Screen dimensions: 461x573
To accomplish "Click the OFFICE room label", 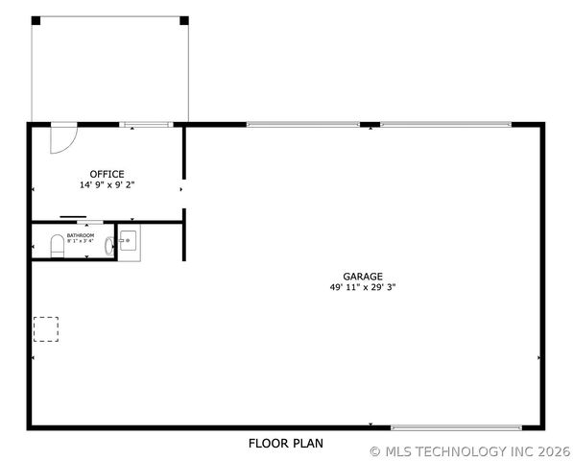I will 107,174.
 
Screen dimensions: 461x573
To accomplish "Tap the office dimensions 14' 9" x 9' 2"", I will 107,184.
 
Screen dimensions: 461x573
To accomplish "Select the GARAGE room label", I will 363,275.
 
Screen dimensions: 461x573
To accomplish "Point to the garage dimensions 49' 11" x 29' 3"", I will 363,286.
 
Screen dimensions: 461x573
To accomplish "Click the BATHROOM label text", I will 81,235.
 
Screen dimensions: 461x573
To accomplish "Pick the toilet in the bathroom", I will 57,246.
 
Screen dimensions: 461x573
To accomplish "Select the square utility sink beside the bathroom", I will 129,240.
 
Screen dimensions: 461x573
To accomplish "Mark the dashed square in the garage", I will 47,328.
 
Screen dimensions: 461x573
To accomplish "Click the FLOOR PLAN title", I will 286,444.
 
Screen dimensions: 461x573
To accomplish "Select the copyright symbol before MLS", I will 374,450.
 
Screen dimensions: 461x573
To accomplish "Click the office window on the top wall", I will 146,124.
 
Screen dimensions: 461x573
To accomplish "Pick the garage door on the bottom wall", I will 456,426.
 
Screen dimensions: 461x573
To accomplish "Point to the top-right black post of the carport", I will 184,20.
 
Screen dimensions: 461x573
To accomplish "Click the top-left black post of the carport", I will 36,20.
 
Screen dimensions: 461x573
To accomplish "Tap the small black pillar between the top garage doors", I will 368,125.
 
